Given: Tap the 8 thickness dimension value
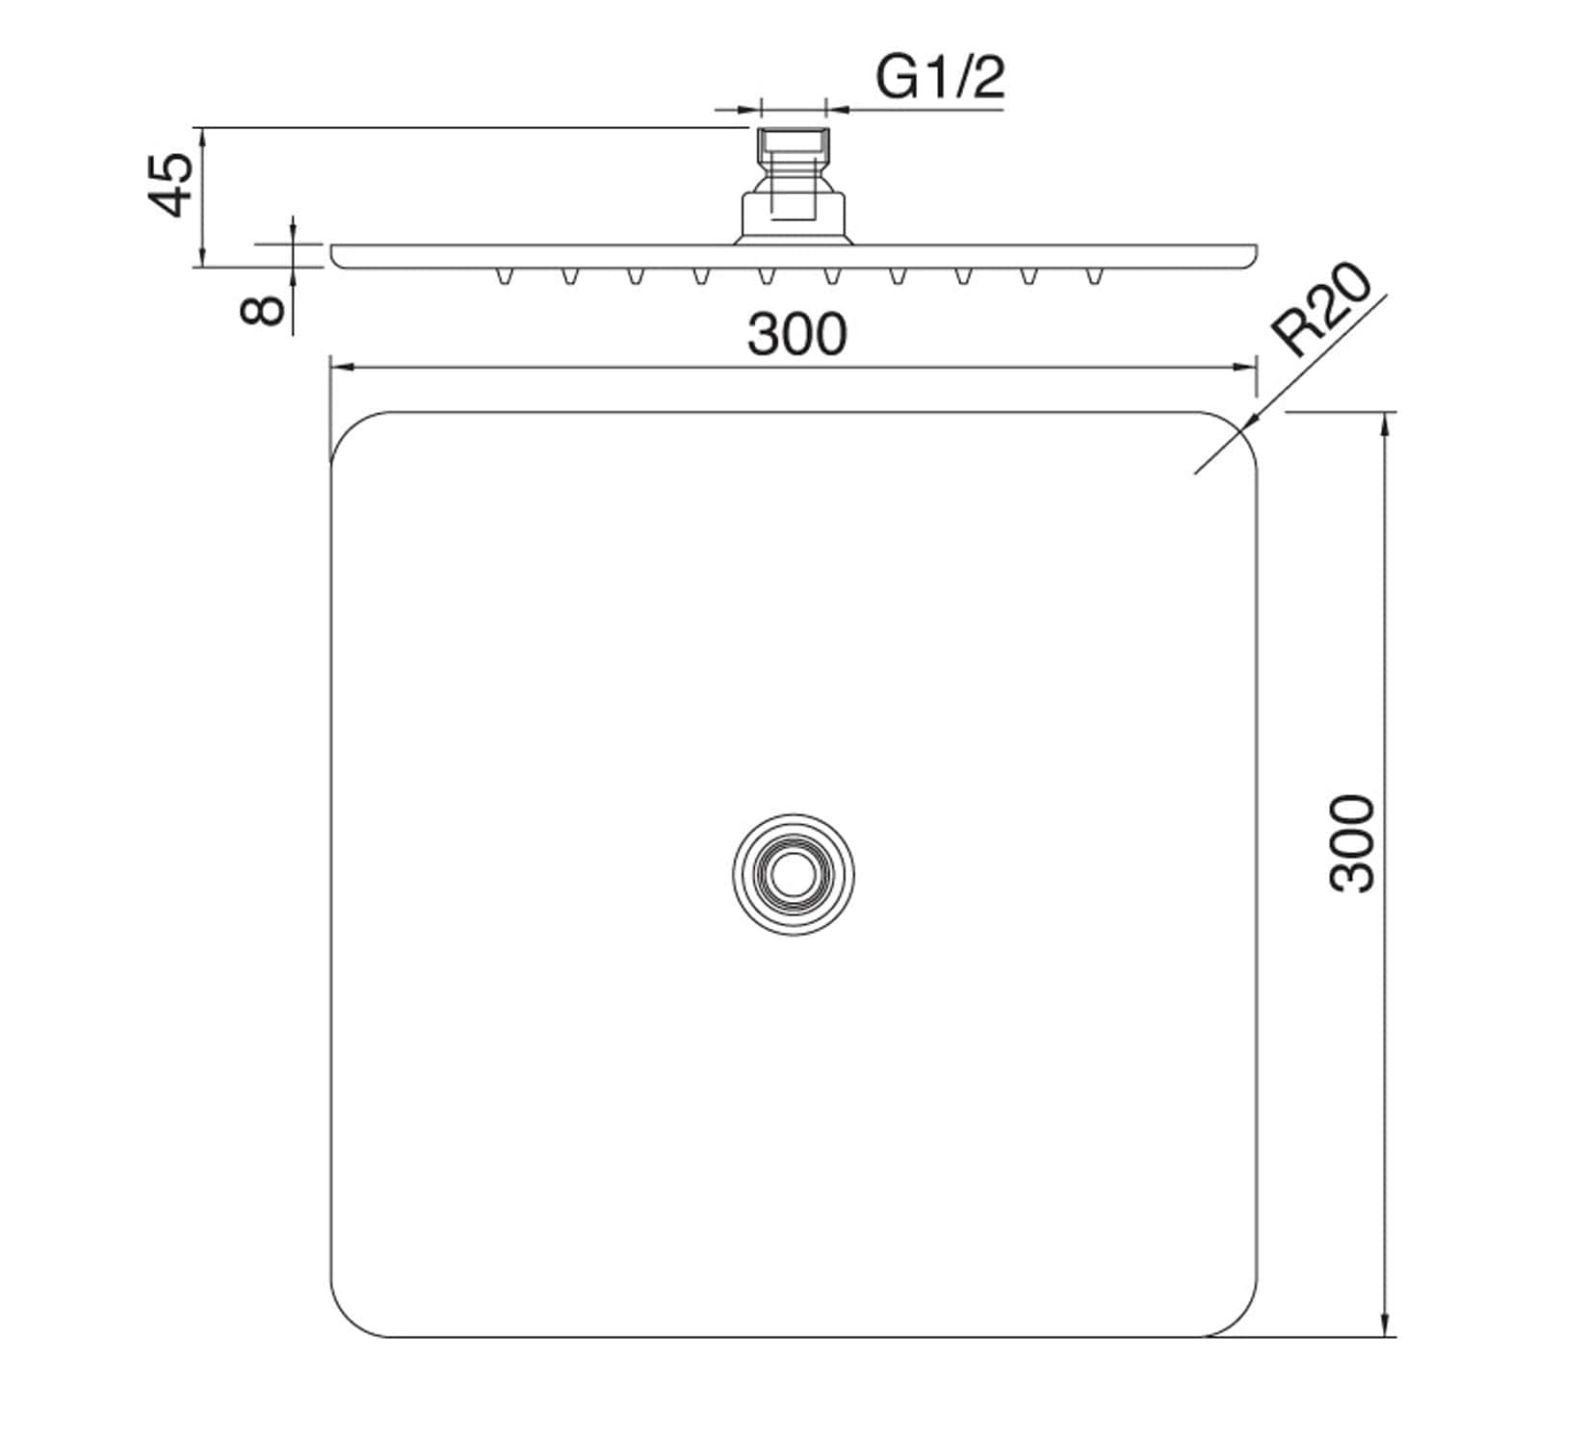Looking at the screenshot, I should tap(262, 310).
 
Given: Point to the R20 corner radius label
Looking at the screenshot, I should tap(1321, 310).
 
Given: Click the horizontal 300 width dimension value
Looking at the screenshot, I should tap(796, 334).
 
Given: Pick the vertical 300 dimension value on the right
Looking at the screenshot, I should tap(1353, 843).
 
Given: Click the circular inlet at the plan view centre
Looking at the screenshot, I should tap(793, 873).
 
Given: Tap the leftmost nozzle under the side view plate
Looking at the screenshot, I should tap(503, 277).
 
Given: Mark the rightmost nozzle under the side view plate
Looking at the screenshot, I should tap(1093, 277).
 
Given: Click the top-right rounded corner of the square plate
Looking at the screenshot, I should tap(1238, 430).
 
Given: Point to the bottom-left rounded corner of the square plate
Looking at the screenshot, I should tap(349, 1319).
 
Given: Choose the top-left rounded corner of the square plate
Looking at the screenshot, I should tap(349, 430).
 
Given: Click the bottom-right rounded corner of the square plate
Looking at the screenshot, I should tap(1238, 1319).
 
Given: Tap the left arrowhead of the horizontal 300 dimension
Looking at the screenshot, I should tap(338, 367).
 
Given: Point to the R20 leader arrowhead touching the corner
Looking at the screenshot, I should tap(1249, 422).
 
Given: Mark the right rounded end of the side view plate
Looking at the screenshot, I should tap(1251, 257).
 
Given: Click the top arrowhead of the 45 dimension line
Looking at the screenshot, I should tap(202, 135).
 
